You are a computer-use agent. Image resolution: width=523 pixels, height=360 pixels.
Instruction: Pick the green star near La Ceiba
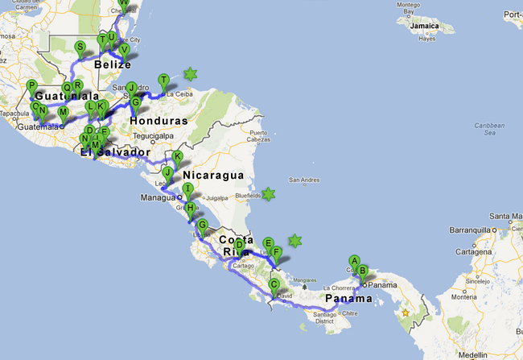(191, 75)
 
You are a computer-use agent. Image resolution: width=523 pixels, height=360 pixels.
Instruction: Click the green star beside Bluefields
(269, 194)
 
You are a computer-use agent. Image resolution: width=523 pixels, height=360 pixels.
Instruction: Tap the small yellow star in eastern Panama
(406, 312)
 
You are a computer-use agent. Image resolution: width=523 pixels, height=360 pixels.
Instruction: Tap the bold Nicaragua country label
(212, 175)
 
